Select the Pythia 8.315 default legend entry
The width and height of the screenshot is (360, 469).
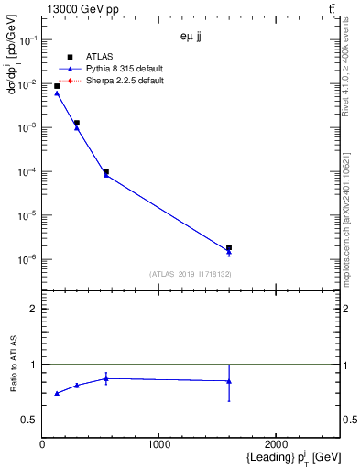(125, 69)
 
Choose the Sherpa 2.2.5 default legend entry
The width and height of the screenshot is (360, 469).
(125, 81)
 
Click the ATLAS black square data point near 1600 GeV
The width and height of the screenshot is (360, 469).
(229, 247)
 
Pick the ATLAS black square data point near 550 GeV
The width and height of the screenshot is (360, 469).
(106, 171)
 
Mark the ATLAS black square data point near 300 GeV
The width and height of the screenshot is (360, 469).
(77, 123)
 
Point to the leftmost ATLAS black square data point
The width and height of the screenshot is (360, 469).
(57, 86)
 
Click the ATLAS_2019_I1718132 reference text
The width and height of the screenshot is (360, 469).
(191, 274)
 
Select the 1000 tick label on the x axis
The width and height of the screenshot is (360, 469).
(159, 444)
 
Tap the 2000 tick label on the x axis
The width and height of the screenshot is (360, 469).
(277, 444)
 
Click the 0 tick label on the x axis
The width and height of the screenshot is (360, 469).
(42, 444)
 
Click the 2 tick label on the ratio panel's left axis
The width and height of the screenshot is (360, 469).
(34, 309)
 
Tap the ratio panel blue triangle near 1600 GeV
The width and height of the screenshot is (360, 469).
(229, 381)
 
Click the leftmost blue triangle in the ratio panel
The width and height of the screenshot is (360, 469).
(57, 393)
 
